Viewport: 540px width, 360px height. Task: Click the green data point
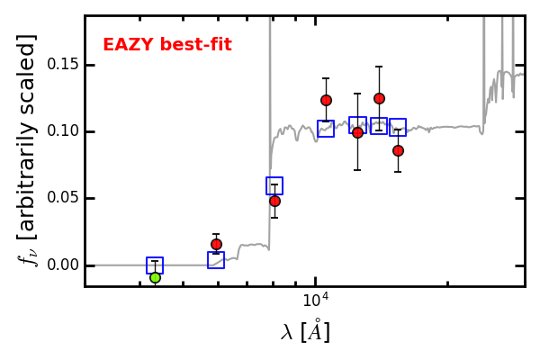pyautogui.click(x=156, y=277)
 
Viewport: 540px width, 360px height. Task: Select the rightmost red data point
pyautogui.click(x=398, y=150)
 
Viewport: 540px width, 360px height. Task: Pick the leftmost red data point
pyautogui.click(x=216, y=244)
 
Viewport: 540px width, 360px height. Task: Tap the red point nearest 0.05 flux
pyautogui.click(x=274, y=201)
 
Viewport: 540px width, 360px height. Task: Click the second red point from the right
pyautogui.click(x=379, y=98)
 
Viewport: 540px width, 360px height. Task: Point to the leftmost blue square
pyautogui.click(x=155, y=257)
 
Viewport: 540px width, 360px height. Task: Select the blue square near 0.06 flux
pyautogui.click(x=274, y=178)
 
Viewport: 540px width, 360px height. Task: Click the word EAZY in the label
pyautogui.click(x=128, y=45)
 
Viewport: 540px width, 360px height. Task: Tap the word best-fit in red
pyautogui.click(x=195, y=44)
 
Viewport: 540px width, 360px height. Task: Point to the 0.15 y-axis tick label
pyautogui.click(x=61, y=65)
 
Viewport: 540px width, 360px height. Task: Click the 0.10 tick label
pyautogui.click(x=61, y=131)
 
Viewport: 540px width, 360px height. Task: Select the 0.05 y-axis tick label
pyautogui.click(x=61, y=198)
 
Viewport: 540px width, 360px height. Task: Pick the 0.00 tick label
pyautogui.click(x=61, y=265)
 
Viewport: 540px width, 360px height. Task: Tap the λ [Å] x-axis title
pyautogui.click(x=305, y=332)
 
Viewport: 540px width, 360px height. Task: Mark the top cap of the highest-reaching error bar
pyautogui.click(x=379, y=67)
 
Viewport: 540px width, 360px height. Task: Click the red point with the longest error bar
pyautogui.click(x=358, y=132)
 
